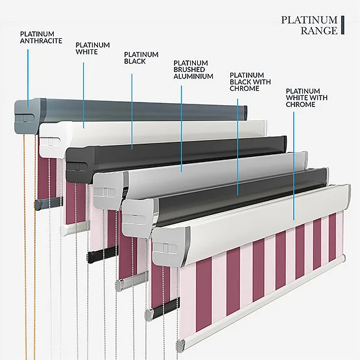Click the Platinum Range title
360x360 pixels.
coord(309,25)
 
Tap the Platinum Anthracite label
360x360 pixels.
coord(41,38)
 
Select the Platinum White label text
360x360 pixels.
coord(93,49)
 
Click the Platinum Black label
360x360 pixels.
coord(141,58)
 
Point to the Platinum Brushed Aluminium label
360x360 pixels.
coord(193,69)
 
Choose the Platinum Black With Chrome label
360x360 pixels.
coord(250,82)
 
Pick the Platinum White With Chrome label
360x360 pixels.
coord(307,97)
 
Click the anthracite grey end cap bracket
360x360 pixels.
coord(30,116)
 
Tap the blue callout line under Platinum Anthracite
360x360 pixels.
coord(28,78)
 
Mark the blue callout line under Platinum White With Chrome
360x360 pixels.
coord(294,166)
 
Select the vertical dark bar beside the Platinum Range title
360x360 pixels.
coord(342,25)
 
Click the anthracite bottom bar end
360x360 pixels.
coord(48,203)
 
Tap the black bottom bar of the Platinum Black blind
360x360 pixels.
coord(102,254)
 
